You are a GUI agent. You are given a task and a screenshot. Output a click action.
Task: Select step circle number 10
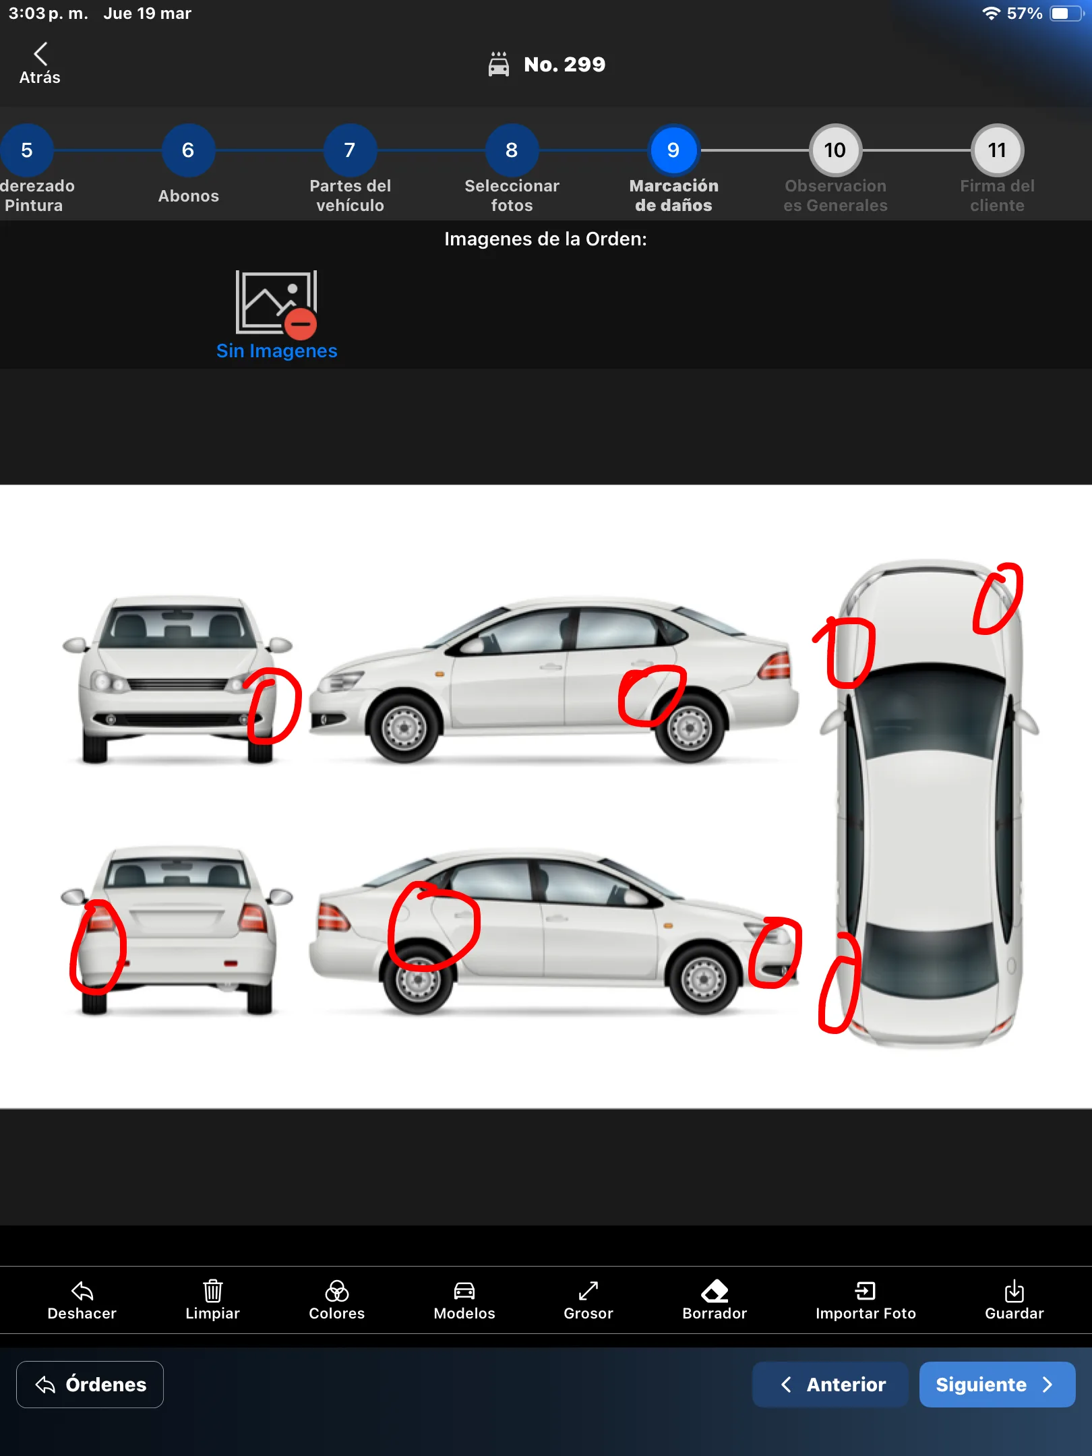pos(835,150)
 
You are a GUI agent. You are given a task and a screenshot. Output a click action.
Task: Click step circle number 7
pos(350,150)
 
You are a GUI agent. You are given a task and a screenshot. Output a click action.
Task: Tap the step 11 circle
pos(997,150)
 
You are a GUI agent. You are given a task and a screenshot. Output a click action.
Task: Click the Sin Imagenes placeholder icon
pos(276,303)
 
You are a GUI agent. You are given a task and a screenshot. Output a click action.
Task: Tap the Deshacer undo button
pos(82,1300)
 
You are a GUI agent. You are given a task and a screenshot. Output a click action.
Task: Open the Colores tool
pos(336,1300)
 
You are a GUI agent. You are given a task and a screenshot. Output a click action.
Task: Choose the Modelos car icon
pos(464,1291)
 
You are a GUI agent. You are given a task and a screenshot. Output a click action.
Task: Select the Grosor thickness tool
pos(588,1300)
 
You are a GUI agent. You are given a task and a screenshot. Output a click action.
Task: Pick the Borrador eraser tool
pos(715,1300)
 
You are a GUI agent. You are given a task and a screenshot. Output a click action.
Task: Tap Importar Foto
pos(866,1300)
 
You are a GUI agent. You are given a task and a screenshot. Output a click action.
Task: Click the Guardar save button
pos(1014,1300)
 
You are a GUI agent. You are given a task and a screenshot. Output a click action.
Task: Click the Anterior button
pos(830,1385)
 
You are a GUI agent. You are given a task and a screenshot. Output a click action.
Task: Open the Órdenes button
pos(90,1385)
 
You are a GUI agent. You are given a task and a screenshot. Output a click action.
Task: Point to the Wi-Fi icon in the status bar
pos(991,13)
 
